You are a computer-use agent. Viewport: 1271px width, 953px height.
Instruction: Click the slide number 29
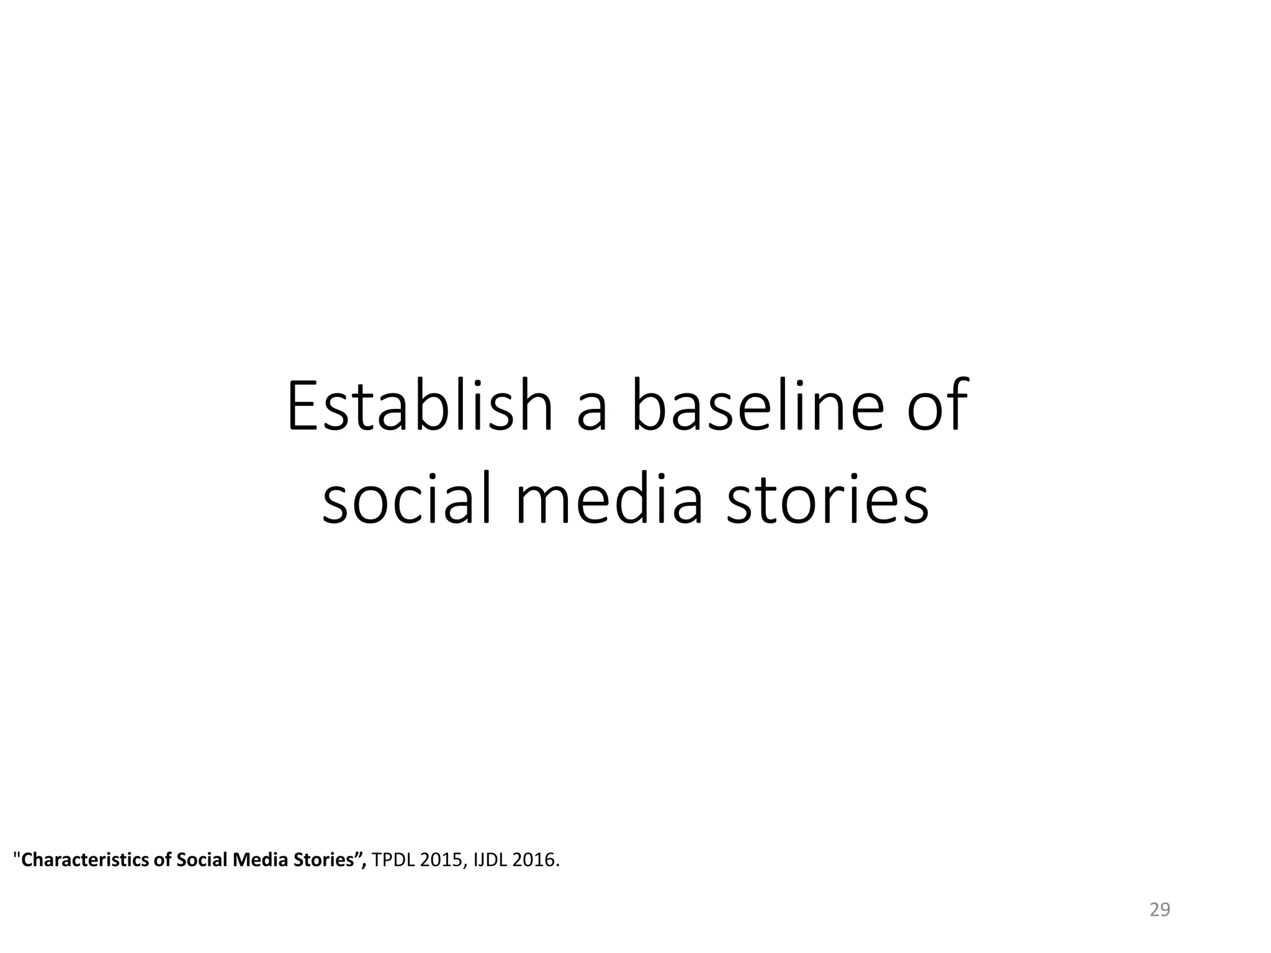tap(1159, 910)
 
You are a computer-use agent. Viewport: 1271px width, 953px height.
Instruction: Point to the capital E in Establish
tap(302, 406)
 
